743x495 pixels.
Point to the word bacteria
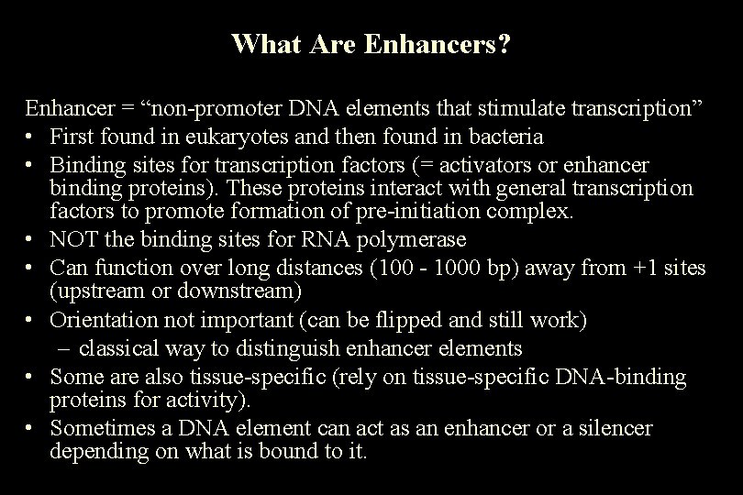(x=501, y=137)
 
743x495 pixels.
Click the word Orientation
(x=102, y=322)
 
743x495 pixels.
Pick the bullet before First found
(x=31, y=137)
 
